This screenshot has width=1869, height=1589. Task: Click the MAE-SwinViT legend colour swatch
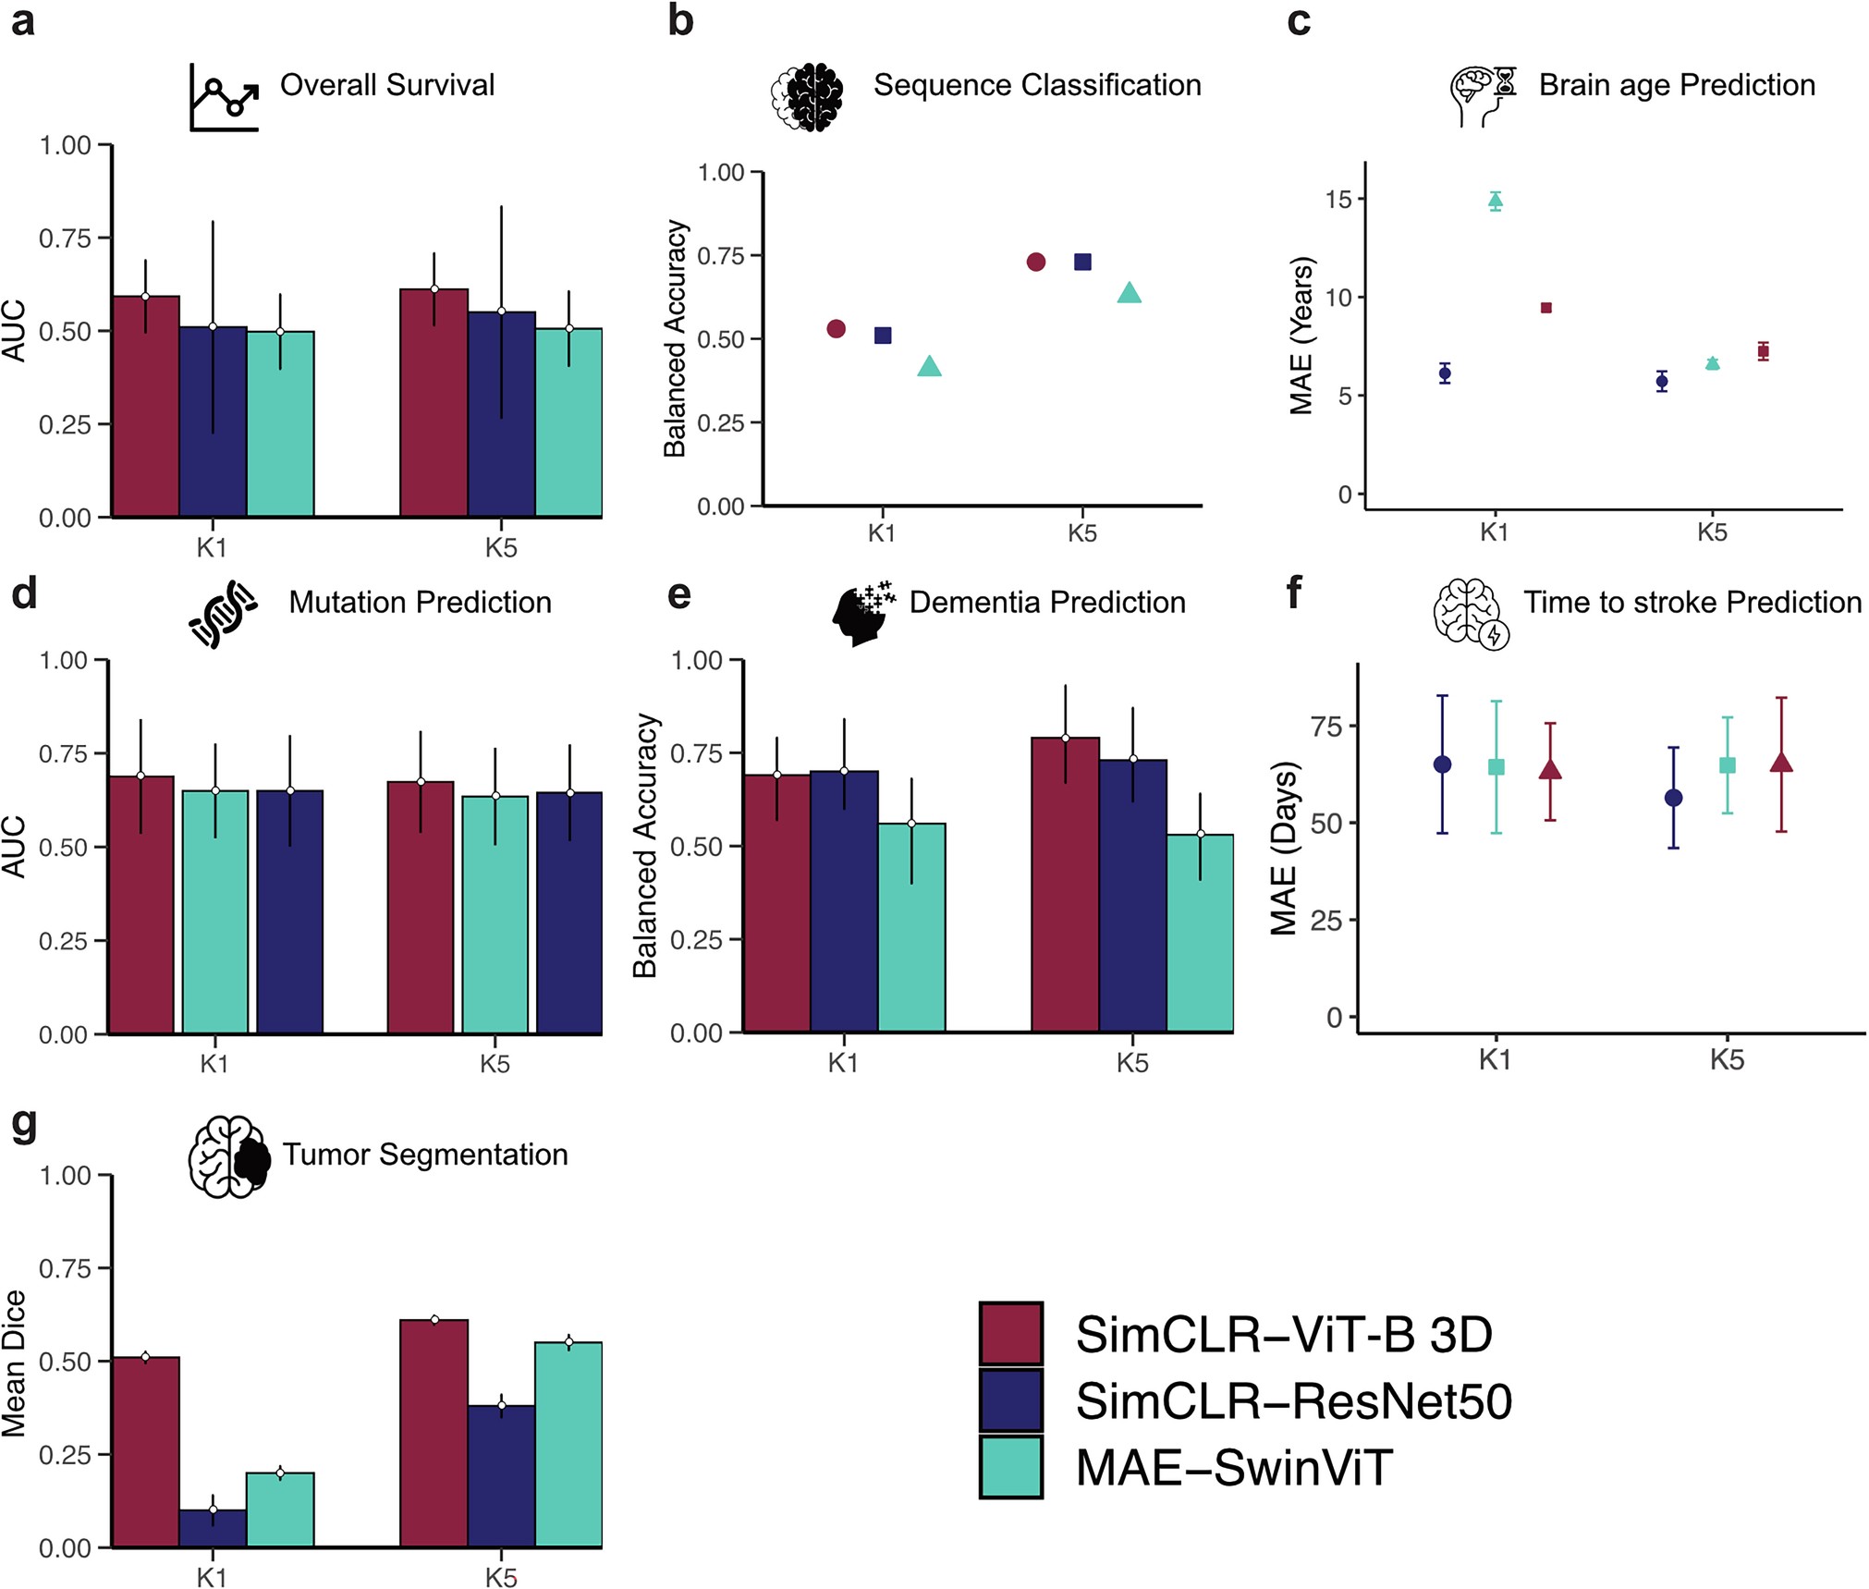click(x=1011, y=1466)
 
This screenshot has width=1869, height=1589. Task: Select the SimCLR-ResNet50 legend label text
click(x=1293, y=1400)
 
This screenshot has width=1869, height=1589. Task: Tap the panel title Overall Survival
click(x=387, y=85)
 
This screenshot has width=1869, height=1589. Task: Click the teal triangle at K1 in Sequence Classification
click(x=929, y=367)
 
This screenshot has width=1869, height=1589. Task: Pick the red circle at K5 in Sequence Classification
click(x=1035, y=262)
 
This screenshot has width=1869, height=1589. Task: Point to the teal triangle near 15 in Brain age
click(x=1495, y=201)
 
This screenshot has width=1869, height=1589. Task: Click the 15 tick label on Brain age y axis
click(x=1338, y=200)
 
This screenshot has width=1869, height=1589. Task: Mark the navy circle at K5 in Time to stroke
click(x=1673, y=798)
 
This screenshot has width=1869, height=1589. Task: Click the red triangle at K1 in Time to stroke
click(x=1550, y=769)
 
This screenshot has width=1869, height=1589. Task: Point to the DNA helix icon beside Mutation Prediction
click(x=222, y=613)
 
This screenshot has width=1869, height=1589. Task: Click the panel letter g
click(x=24, y=1124)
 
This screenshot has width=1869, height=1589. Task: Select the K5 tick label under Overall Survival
click(x=501, y=547)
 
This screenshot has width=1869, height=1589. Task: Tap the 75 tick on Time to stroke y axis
click(x=1326, y=727)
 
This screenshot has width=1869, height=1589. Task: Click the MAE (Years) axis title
click(x=1301, y=336)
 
